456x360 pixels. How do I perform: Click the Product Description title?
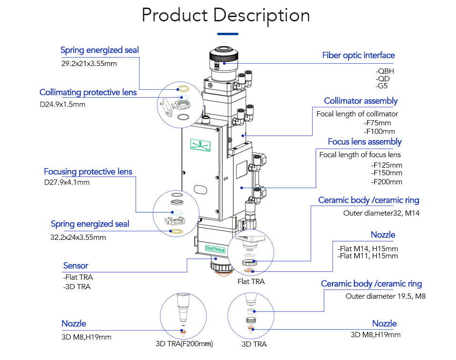coord(226,15)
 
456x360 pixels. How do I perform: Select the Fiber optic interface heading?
coord(358,56)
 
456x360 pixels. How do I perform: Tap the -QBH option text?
coord(385,71)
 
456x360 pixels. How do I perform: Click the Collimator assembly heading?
coord(361,101)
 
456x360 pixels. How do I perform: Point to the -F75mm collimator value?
coord(378,123)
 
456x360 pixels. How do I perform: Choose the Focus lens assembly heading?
coord(364,142)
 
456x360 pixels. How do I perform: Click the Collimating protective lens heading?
coord(88,92)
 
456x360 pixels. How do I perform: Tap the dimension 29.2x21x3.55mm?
coord(89,63)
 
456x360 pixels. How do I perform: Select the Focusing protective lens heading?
coord(88,171)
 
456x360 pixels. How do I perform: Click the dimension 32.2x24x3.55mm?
coord(78,237)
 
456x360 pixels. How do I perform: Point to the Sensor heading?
coord(76,265)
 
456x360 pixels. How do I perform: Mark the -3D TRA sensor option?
coord(76,286)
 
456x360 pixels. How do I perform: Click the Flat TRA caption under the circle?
coord(251,281)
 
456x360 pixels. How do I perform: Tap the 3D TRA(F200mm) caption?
coord(184,344)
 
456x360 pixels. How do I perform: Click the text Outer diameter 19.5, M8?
coord(385,296)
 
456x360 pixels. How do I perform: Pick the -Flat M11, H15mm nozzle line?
coord(368,256)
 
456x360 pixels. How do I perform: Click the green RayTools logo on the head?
coord(215,248)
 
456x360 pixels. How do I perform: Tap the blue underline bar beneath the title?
coord(228,34)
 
